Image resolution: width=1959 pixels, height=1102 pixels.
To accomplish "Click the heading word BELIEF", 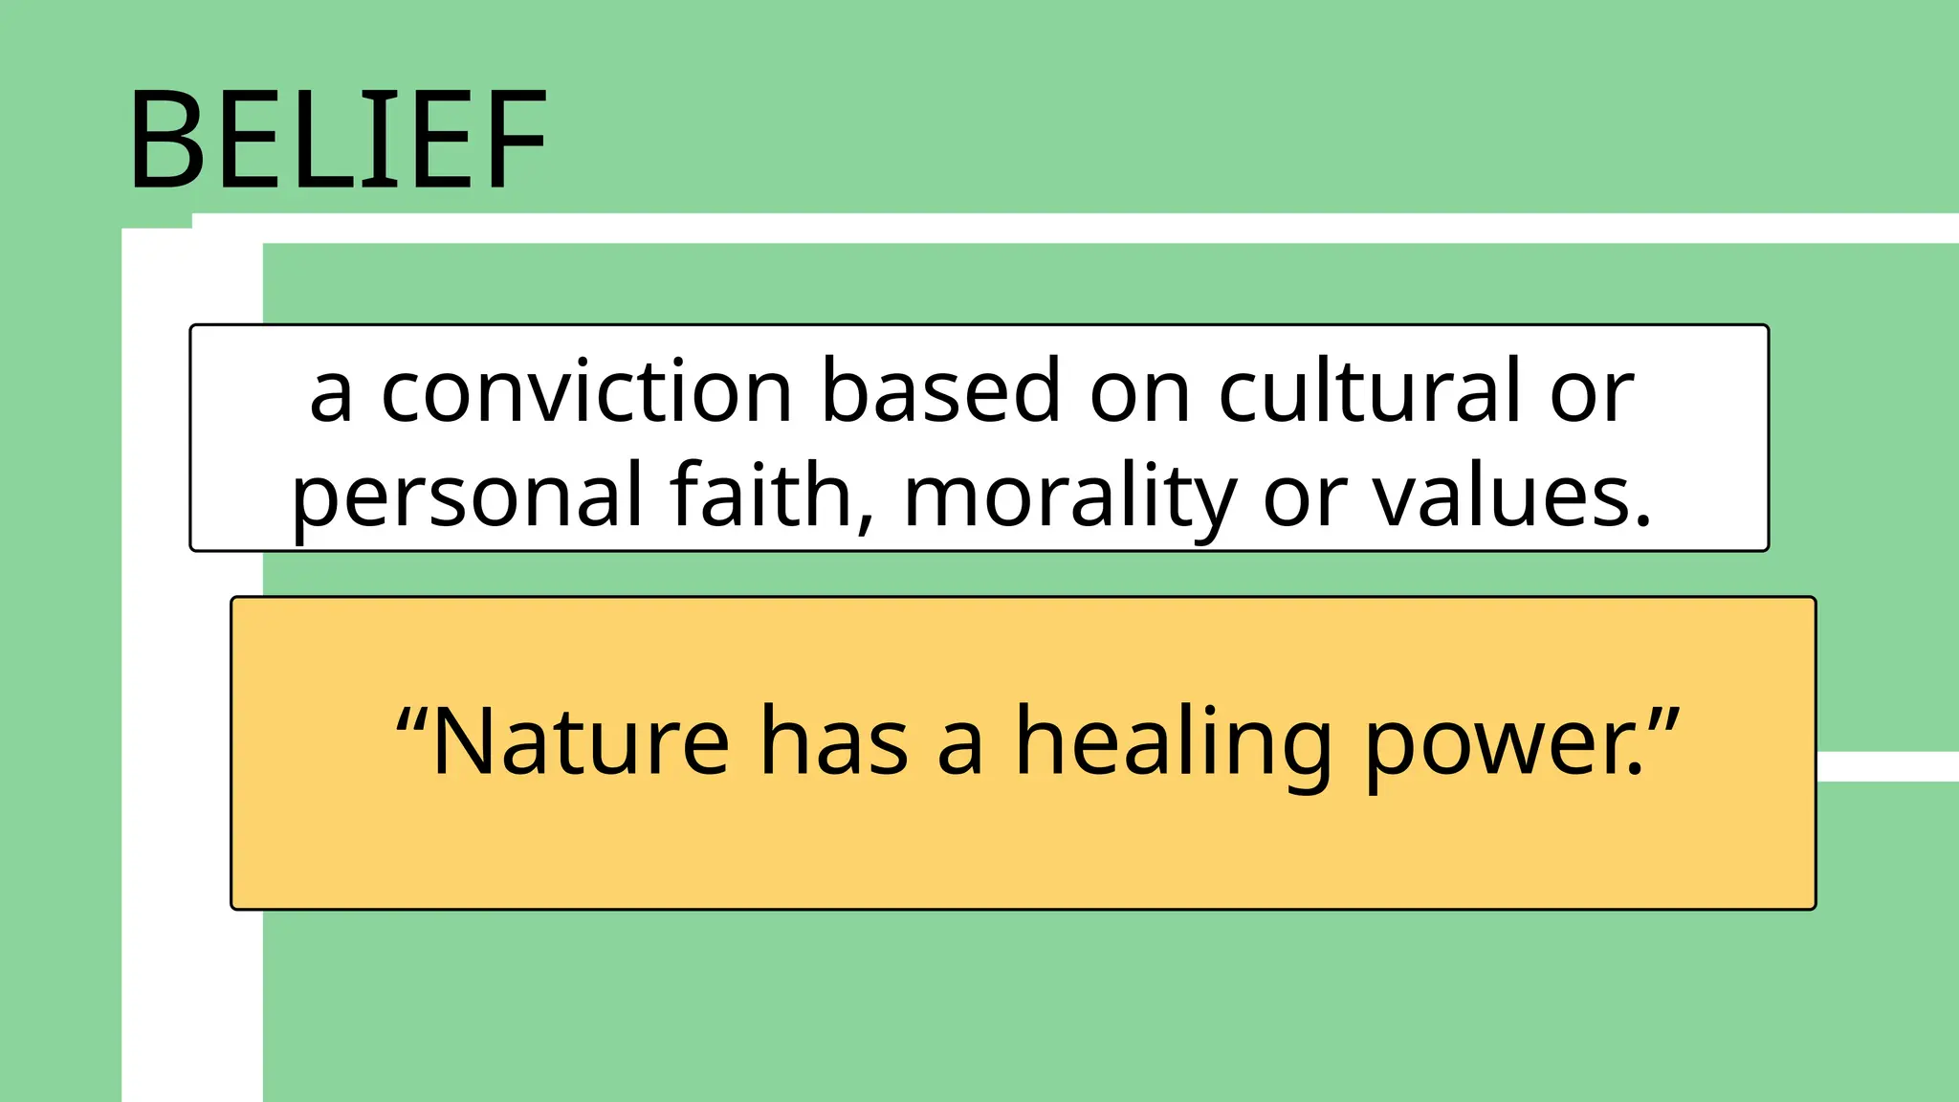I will tap(338, 141).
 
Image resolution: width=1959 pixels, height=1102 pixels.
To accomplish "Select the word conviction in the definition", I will tap(586, 391).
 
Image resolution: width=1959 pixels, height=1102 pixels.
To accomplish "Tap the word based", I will tap(941, 391).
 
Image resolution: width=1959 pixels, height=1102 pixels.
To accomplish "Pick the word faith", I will tap(760, 496).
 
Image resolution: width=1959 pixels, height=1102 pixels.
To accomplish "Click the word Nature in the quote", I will tap(581, 742).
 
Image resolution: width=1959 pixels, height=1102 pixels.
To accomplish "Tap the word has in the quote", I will tap(833, 742).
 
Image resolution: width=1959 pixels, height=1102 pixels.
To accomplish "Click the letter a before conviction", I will tap(331, 396).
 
